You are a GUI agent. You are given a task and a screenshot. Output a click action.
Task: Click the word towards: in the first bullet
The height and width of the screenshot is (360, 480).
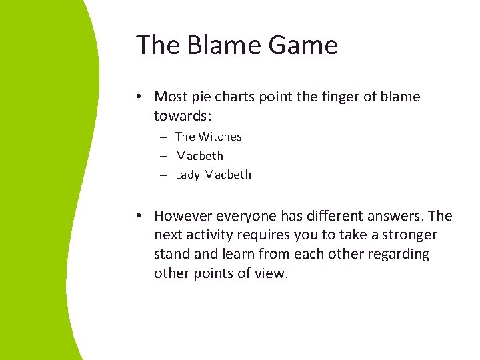(x=183, y=116)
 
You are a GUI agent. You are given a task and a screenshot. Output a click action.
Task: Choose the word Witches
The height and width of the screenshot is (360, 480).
(x=220, y=137)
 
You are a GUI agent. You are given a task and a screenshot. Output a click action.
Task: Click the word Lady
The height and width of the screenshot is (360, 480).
(x=188, y=175)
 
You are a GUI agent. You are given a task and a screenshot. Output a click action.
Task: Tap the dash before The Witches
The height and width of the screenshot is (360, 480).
(x=163, y=137)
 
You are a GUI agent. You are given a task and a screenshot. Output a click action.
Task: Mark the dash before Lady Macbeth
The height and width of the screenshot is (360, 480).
(x=163, y=175)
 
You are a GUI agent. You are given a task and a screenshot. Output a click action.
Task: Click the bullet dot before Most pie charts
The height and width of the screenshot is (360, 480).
(x=137, y=97)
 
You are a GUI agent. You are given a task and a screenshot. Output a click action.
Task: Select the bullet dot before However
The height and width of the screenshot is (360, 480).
(x=137, y=216)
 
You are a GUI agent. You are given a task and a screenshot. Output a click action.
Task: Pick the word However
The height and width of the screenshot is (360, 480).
(x=183, y=216)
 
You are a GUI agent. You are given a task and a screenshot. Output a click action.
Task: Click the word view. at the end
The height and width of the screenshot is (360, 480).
(x=272, y=273)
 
